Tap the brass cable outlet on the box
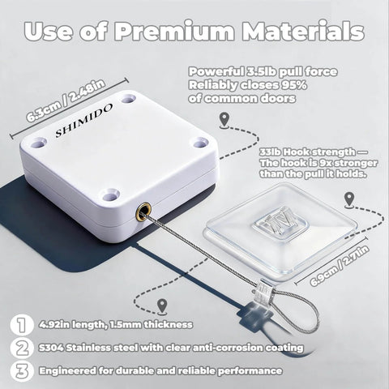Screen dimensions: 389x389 [143, 213]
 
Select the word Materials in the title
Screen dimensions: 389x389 [302, 32]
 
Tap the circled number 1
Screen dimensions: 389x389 [19, 324]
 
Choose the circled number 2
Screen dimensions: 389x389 [19, 347]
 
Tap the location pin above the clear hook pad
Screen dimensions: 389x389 [348, 199]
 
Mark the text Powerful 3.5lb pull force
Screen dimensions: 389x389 [263, 71]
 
